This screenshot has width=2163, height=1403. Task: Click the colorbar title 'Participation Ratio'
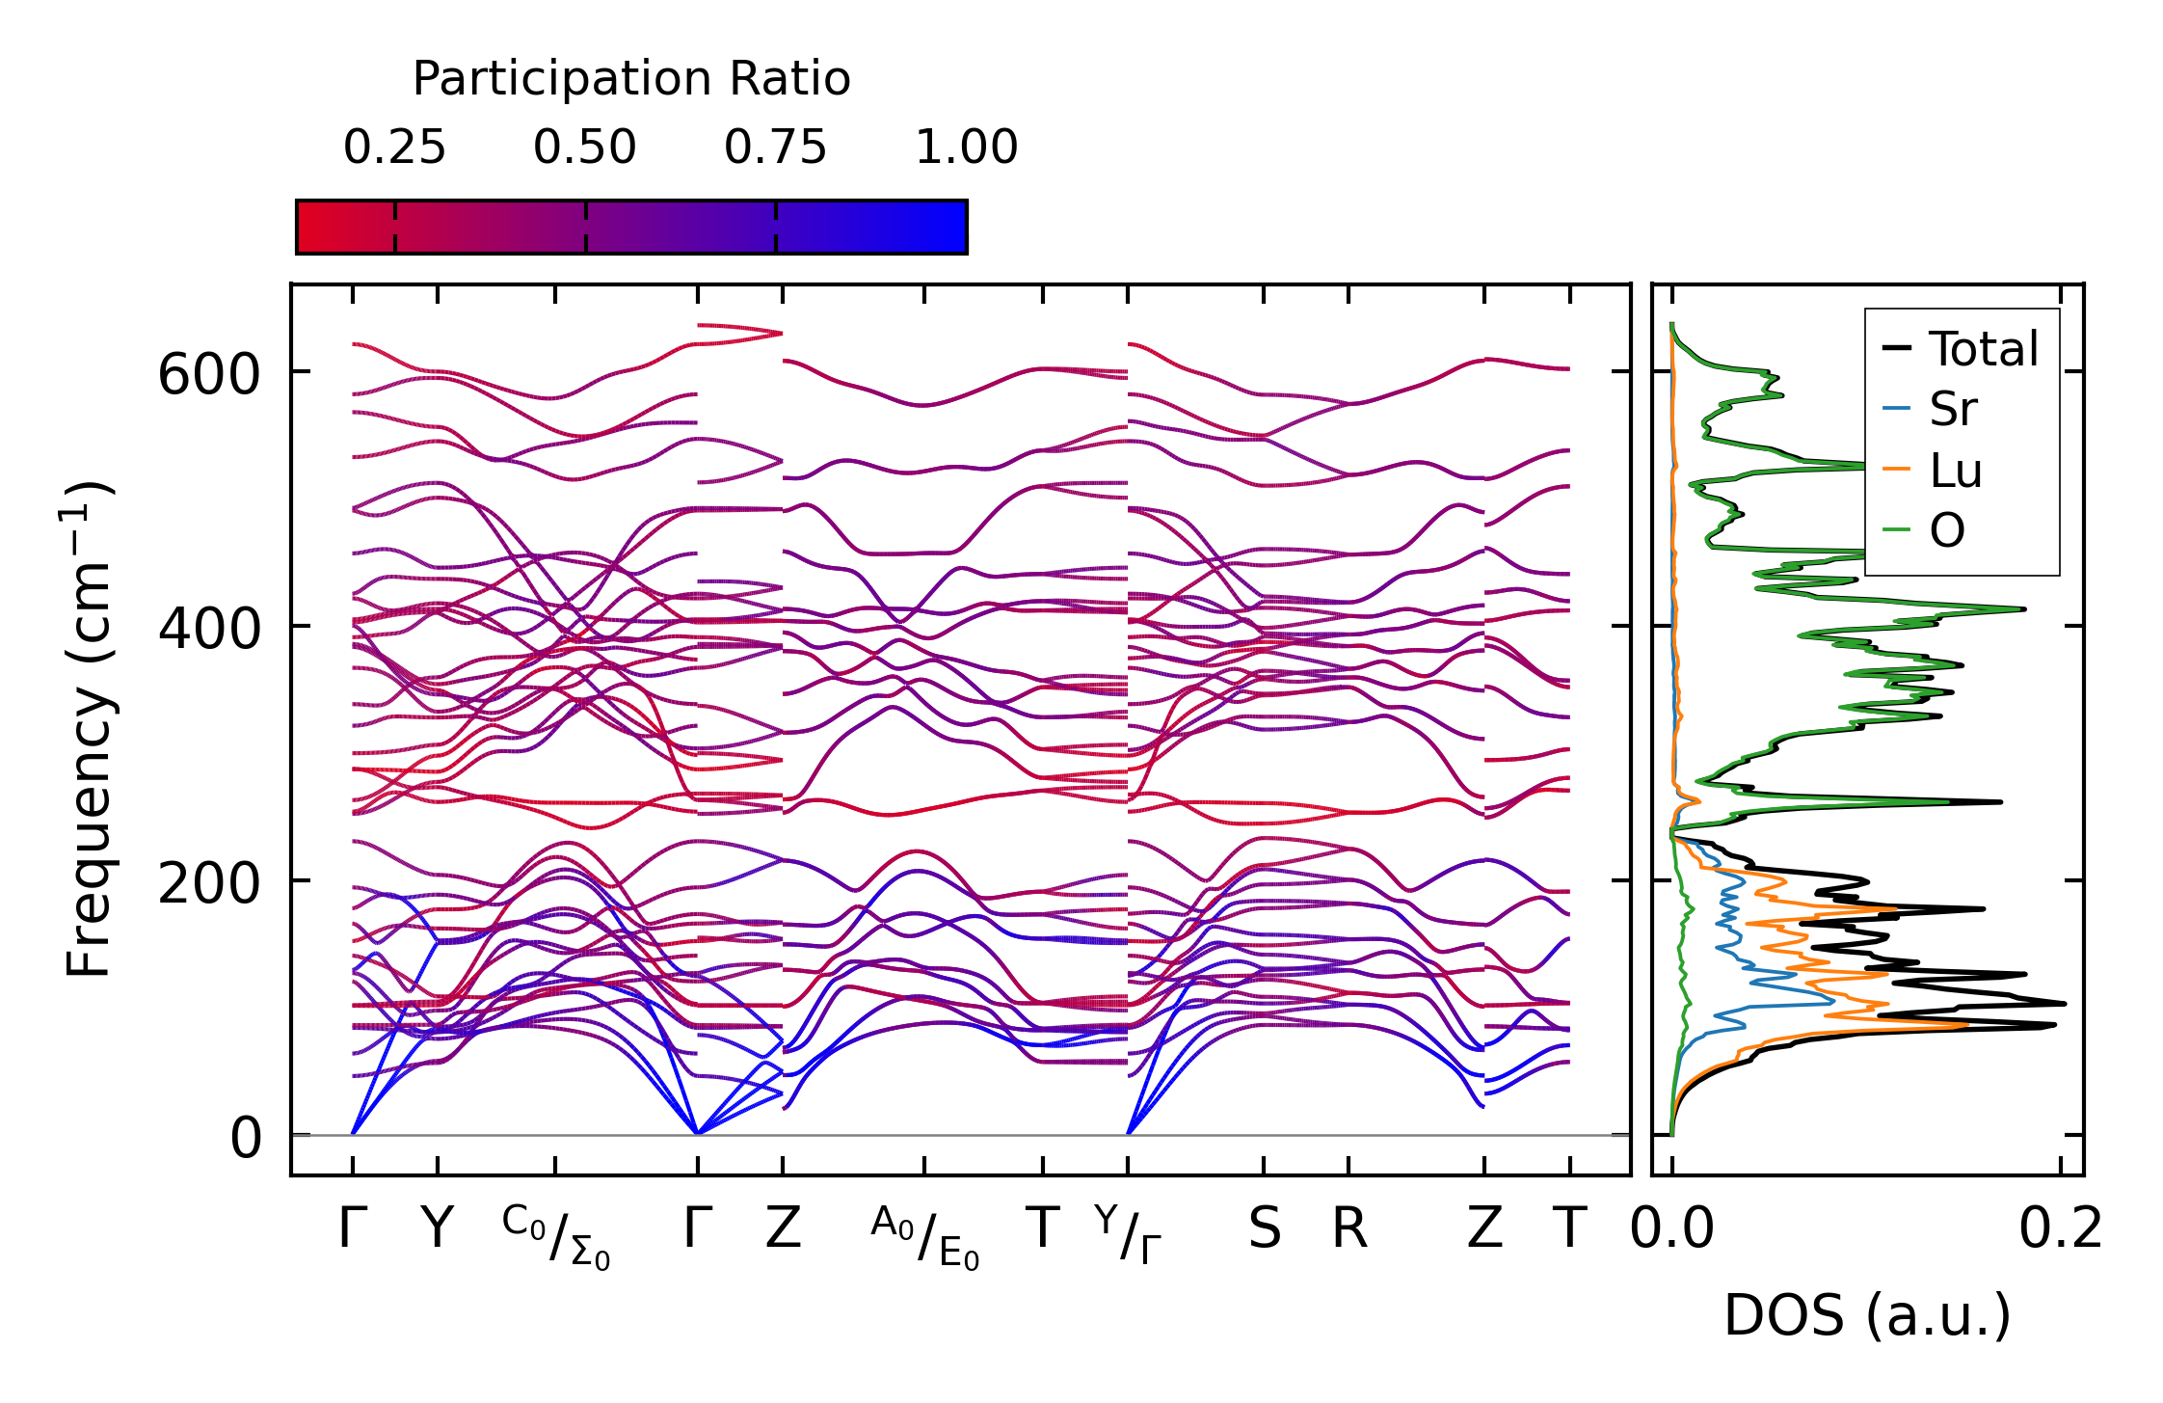(x=631, y=79)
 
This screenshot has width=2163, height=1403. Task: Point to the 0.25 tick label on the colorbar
(x=394, y=148)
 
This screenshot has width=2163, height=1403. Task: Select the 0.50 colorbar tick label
(x=585, y=148)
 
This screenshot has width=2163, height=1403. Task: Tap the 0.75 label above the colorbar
(x=775, y=148)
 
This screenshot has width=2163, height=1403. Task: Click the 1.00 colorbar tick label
(x=966, y=148)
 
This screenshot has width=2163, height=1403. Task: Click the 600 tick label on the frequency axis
(x=209, y=375)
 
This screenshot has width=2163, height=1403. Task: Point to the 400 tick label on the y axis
(x=209, y=629)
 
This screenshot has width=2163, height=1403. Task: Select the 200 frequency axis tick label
(x=209, y=883)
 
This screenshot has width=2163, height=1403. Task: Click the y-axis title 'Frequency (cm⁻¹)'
(x=89, y=729)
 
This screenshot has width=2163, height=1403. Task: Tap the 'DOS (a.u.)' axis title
(x=1867, y=1316)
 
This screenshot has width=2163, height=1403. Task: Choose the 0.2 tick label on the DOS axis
(x=2061, y=1230)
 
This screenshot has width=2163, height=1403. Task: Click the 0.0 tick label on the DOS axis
(x=1672, y=1230)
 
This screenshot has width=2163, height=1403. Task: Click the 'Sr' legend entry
(x=1953, y=410)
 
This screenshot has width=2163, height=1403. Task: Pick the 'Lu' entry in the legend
(x=1956, y=471)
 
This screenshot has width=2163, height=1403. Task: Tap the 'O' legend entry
(x=1947, y=531)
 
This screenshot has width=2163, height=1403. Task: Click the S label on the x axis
(x=1265, y=1230)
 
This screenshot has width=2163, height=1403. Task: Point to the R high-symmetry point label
(x=1349, y=1230)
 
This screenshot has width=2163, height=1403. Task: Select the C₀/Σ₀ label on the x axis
(x=556, y=1238)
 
